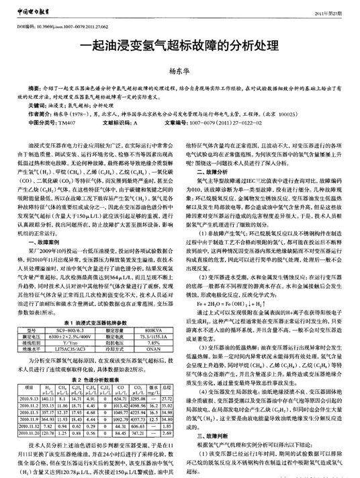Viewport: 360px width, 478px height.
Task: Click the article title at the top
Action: [x=179, y=48]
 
